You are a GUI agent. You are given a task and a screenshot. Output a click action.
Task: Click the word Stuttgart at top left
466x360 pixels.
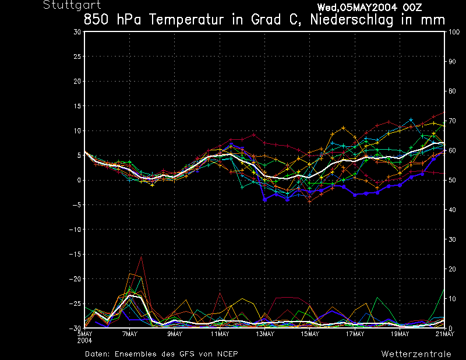click(x=68, y=5)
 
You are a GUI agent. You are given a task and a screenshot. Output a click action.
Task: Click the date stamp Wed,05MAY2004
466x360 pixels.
click(x=355, y=8)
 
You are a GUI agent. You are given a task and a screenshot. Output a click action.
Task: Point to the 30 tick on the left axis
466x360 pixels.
click(x=77, y=32)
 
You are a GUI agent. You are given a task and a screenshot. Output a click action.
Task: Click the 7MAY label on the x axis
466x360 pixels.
click(x=129, y=334)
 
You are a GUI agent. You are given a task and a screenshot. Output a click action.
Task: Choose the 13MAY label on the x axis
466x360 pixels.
click(x=264, y=334)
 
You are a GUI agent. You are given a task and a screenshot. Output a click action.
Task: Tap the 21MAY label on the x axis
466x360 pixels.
click(x=445, y=334)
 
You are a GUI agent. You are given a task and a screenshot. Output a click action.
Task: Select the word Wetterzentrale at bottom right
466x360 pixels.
click(x=416, y=354)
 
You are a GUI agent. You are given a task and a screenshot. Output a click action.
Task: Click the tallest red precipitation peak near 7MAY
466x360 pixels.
click(x=141, y=256)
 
